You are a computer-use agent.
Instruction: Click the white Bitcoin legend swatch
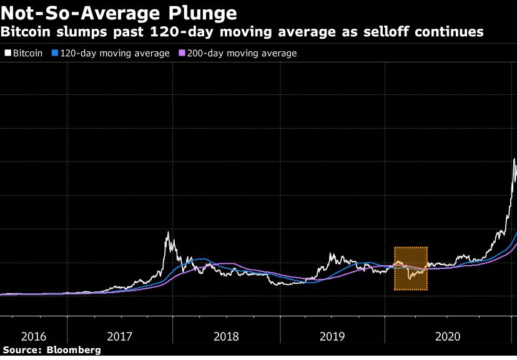pos(7,54)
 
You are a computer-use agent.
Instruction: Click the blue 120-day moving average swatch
pos(55,54)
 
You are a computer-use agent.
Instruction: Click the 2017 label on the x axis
pos(119,336)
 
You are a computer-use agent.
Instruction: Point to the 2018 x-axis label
pos(226,336)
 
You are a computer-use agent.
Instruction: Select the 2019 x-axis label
pos(332,336)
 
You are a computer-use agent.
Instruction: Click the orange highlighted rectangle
pos(410,269)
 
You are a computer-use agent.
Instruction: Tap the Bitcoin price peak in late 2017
pos(168,233)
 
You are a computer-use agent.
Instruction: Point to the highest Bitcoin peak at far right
pos(514,159)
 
